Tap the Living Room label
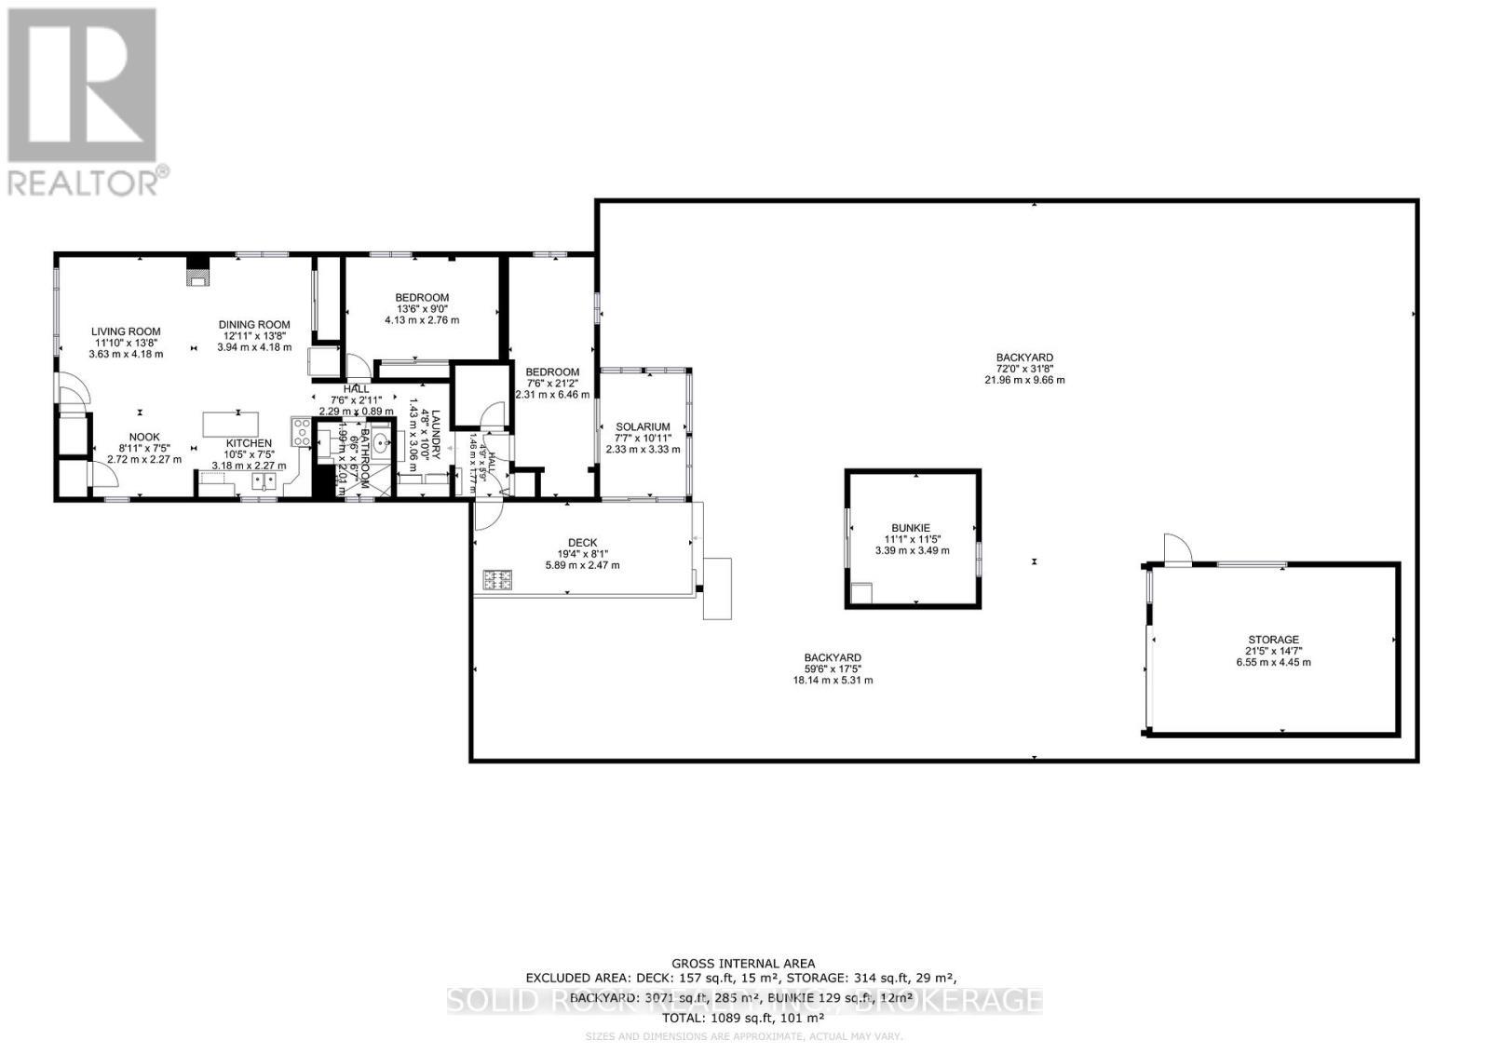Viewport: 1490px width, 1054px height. click(x=126, y=331)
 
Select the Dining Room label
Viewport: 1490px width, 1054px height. click(x=254, y=325)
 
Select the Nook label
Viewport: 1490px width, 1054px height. click(x=144, y=437)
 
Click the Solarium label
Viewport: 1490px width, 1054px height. click(x=643, y=426)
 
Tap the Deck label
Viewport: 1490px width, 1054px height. click(x=582, y=543)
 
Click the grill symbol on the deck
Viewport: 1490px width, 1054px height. click(x=498, y=581)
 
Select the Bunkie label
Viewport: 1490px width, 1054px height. click(x=912, y=528)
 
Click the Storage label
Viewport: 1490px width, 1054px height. click(x=1273, y=640)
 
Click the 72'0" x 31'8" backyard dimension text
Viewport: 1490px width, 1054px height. click(x=1024, y=369)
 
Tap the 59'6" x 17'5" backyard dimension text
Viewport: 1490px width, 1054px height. click(x=833, y=669)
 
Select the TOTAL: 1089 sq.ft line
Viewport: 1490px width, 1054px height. click(x=744, y=1018)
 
